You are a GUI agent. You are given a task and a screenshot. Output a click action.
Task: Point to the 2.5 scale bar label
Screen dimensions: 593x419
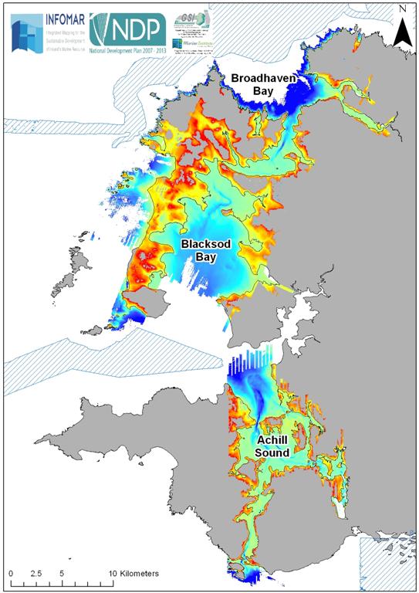(x=35, y=574)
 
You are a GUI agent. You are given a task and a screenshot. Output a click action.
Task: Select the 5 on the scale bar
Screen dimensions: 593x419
(x=61, y=574)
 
